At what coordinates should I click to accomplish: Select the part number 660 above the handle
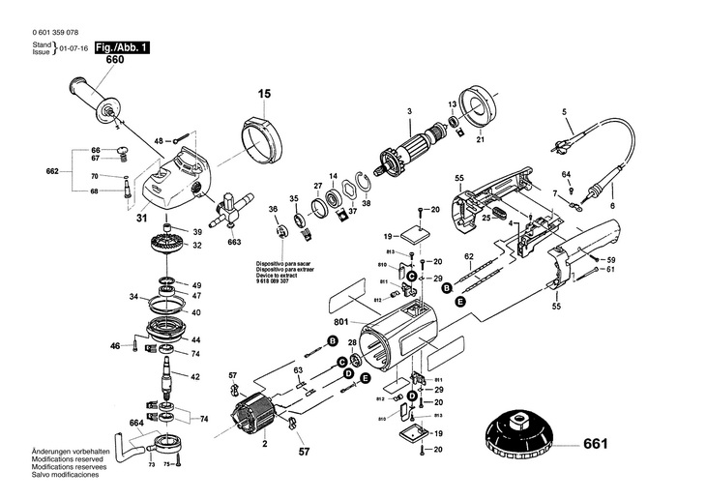point(114,60)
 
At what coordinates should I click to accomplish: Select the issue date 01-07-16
point(74,47)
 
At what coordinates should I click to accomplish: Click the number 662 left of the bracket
point(53,171)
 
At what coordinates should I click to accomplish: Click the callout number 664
point(136,423)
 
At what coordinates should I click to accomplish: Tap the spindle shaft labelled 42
point(169,377)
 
